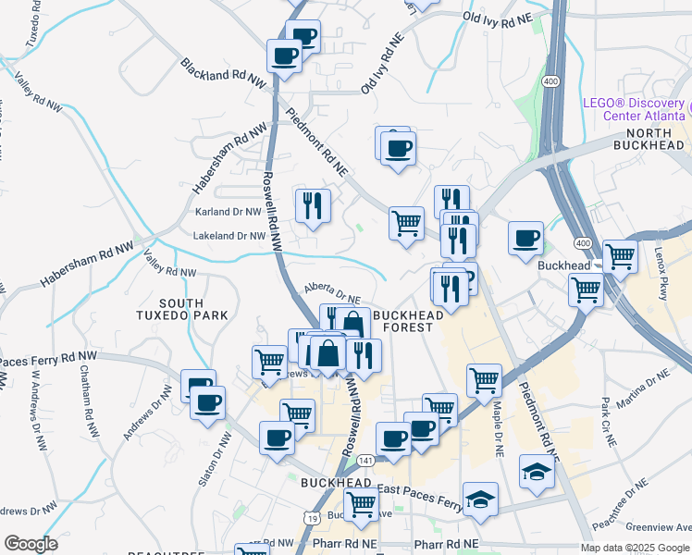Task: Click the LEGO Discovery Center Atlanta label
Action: coord(635,109)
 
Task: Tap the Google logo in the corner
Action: coord(31,544)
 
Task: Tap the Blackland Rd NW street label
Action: coord(223,79)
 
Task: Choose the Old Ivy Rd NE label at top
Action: coord(499,18)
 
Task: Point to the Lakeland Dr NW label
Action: coord(229,236)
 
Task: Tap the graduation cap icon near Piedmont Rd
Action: coord(537,472)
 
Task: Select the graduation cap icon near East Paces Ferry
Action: coord(480,499)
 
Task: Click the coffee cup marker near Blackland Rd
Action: coord(284,55)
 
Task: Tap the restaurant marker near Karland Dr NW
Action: coord(313,204)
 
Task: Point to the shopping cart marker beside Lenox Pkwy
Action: coord(619,257)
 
